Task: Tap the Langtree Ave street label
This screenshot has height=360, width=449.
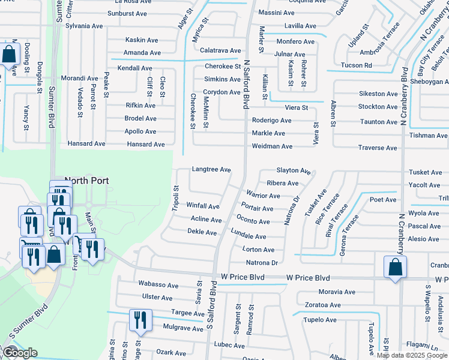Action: pos(211,170)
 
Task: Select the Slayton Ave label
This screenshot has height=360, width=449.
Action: pos(293,171)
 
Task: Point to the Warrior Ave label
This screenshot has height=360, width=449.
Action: pos(263,196)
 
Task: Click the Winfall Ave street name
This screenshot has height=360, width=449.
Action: pos(203,206)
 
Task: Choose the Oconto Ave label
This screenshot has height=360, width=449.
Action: pos(253,221)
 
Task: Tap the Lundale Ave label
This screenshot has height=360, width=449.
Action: pos(248,237)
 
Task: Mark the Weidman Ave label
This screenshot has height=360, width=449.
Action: pos(272,146)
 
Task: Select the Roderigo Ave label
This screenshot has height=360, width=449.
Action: pos(271,121)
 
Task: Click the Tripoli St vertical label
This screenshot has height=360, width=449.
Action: pos(176,196)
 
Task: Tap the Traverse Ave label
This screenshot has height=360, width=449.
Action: pos(377,148)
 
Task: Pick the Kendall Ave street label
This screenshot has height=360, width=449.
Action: pos(135,68)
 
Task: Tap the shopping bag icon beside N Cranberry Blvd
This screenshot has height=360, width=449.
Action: pos(395,267)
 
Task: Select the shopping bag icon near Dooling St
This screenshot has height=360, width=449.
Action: pos(10,55)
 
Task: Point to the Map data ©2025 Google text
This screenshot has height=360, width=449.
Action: pos(411,355)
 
